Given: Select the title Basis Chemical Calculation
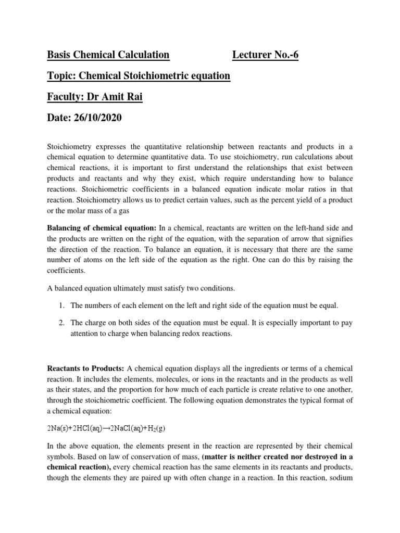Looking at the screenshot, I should (x=108, y=55).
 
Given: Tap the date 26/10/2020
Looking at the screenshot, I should (x=97, y=118).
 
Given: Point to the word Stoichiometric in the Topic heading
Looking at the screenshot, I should (x=154, y=76).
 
